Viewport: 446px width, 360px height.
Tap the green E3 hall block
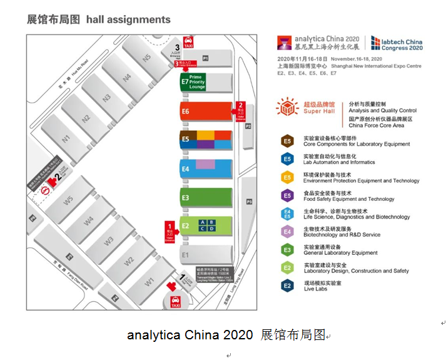point(206,197)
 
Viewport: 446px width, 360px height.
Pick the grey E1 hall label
point(185,255)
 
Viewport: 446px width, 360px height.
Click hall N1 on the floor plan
point(65,138)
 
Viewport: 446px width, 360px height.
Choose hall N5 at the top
point(146,58)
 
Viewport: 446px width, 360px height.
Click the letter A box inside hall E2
point(202,222)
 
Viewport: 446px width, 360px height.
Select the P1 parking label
point(205,58)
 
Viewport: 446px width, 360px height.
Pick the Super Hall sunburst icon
point(287,107)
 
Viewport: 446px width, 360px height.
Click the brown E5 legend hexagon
point(286,141)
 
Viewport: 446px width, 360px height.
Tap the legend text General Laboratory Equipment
point(340,253)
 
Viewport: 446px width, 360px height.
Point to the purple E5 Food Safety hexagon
point(286,196)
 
